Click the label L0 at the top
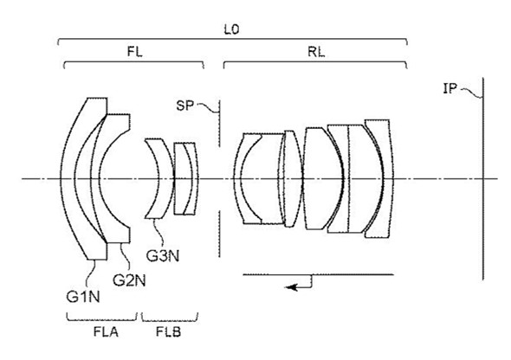(x=231, y=29)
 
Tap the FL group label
(x=134, y=51)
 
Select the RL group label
(x=316, y=52)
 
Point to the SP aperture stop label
(x=184, y=106)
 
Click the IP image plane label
(x=450, y=88)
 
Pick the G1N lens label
(x=83, y=297)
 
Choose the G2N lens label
(x=129, y=280)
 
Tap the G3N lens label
(x=163, y=256)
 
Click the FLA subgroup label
(x=106, y=331)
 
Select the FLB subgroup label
(x=168, y=331)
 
